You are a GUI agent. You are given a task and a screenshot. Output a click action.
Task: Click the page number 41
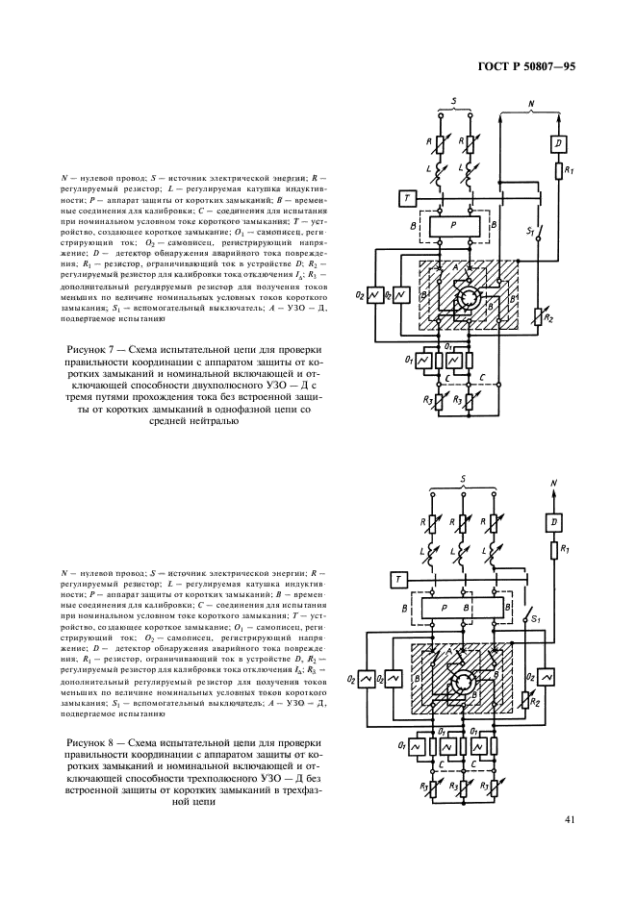[571, 820]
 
